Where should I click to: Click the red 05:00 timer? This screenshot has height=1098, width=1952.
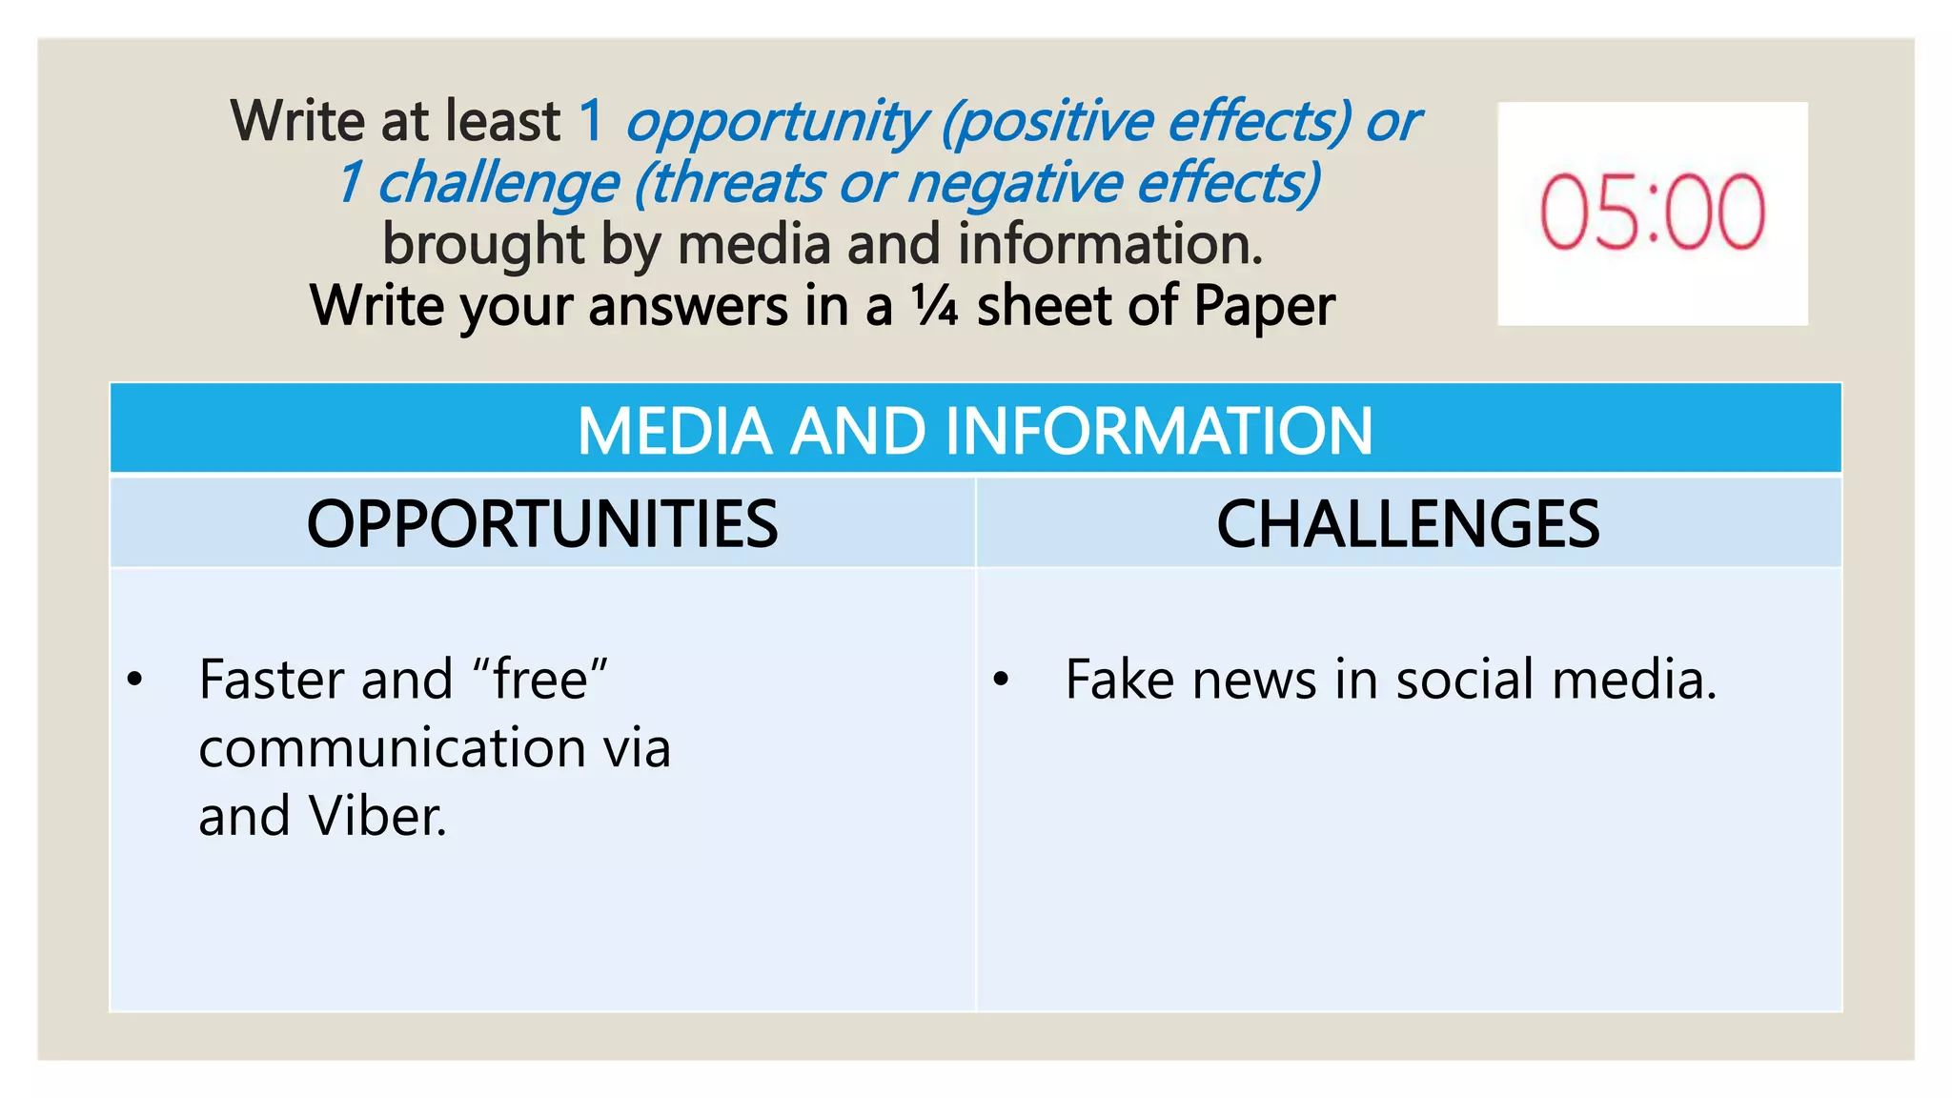1652,213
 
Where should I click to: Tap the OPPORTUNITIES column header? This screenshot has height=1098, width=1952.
541,523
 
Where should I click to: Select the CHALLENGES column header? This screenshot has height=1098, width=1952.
1408,523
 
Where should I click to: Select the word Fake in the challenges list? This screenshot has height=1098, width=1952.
1119,680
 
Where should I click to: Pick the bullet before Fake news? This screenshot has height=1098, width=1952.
1001,680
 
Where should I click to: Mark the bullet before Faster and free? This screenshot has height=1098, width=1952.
134,680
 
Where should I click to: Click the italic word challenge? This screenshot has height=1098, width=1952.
498,183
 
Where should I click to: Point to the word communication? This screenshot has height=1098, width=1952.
392,747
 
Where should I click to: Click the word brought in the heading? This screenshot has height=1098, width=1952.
483,245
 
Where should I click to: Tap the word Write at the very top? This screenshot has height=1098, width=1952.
298,121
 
